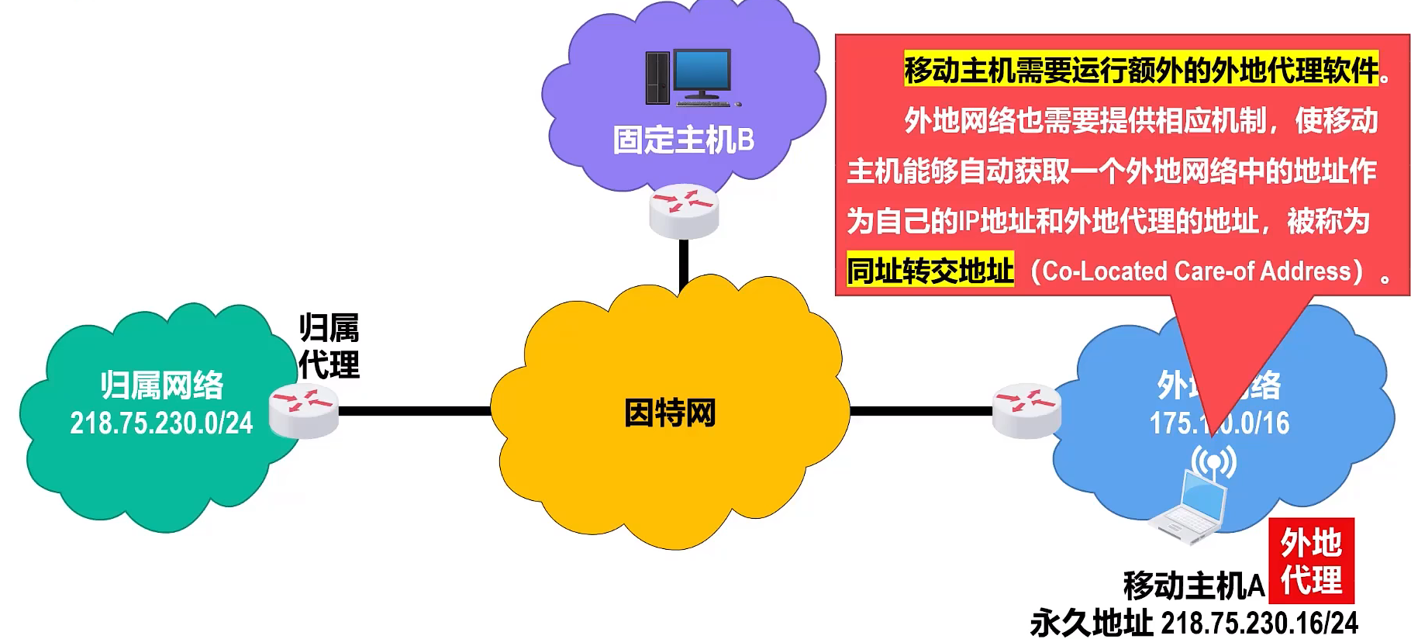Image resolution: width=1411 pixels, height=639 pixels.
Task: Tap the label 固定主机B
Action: (683, 140)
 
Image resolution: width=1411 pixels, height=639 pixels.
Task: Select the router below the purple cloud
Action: (684, 210)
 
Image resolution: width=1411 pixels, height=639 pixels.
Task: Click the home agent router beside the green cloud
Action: (303, 410)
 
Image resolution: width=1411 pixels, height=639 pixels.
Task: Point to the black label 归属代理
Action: (329, 347)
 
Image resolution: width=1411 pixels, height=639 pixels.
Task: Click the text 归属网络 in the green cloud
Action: (161, 385)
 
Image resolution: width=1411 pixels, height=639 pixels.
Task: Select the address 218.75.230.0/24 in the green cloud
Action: (161, 423)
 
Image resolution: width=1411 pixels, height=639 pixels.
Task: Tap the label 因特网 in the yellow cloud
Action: (670, 413)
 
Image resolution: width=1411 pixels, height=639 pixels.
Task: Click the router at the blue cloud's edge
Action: (1026, 410)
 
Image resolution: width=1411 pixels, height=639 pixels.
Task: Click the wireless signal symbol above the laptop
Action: (1213, 461)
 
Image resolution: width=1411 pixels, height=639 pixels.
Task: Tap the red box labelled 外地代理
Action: (1311, 561)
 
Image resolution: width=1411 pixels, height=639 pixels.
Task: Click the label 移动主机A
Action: (1193, 585)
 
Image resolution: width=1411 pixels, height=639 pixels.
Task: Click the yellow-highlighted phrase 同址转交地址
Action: (930, 271)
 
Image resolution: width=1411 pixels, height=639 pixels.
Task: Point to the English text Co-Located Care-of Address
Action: (1197, 271)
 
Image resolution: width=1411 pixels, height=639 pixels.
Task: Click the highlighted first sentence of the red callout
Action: (1141, 70)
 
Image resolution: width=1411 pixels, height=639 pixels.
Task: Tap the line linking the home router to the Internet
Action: (415, 410)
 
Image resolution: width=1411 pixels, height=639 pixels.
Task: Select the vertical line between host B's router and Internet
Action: (684, 264)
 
